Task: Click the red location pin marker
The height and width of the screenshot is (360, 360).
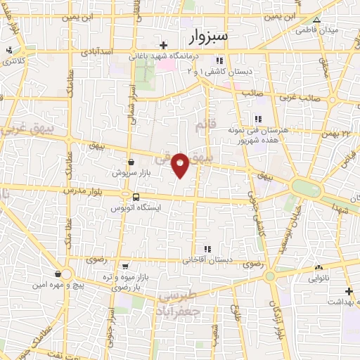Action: point(181,164)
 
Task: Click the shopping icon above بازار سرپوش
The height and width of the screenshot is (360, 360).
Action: point(131,162)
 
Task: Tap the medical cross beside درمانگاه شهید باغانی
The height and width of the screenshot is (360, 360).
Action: point(163,44)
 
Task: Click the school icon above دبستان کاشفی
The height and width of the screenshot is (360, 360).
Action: point(220,60)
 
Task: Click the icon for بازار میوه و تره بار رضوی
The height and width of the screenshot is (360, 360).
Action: point(125,266)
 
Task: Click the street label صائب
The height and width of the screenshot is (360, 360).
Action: point(252,93)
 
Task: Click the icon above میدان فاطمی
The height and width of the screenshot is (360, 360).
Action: point(317,20)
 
